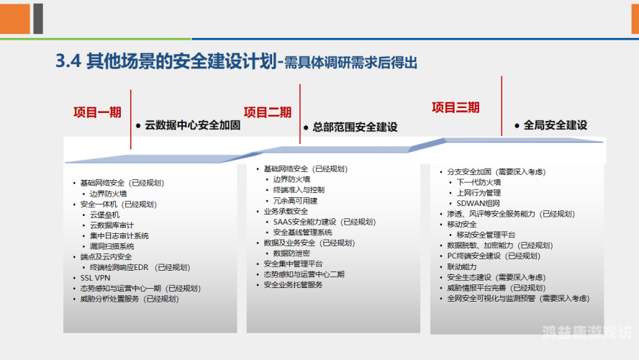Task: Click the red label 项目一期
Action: (97, 112)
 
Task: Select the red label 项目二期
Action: (268, 112)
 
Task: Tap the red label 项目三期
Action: (456, 108)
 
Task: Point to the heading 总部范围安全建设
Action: (355, 127)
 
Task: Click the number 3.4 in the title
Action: (68, 62)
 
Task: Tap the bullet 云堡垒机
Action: (104, 215)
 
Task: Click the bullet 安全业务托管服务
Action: (293, 285)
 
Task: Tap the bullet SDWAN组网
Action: (477, 204)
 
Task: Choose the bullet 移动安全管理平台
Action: (486, 235)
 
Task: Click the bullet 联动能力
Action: (462, 266)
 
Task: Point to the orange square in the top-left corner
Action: (15, 18)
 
